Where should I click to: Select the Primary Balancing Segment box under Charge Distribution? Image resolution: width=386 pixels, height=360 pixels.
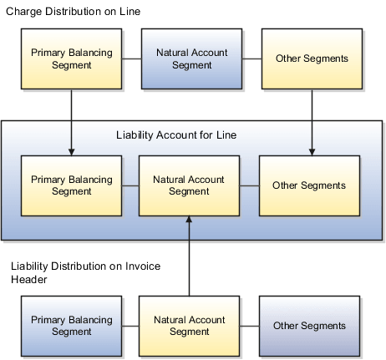[71, 59]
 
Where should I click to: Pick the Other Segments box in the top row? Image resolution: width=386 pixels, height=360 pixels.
[311, 59]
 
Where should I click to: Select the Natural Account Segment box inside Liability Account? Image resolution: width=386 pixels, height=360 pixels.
[189, 185]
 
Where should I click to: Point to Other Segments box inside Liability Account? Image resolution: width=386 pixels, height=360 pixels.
[309, 185]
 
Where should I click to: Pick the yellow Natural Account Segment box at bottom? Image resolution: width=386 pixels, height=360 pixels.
[189, 326]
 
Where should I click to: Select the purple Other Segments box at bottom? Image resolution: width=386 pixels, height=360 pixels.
[309, 326]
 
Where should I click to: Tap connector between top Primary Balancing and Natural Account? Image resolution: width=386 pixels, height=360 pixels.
[132, 59]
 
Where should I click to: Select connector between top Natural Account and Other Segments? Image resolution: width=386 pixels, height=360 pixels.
[250, 59]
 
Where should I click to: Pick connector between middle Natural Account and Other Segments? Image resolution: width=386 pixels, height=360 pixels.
[249, 185]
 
